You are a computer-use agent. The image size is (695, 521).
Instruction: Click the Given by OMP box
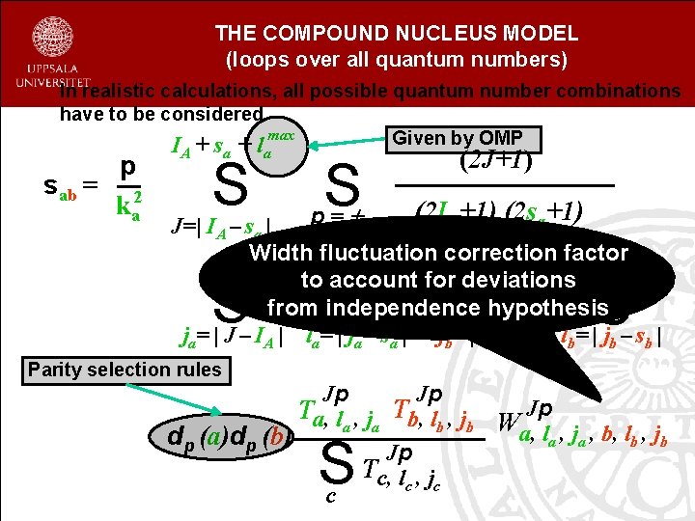point(465,138)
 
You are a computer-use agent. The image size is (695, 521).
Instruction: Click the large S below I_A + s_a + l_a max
point(233,186)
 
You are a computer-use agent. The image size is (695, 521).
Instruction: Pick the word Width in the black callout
point(280,254)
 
